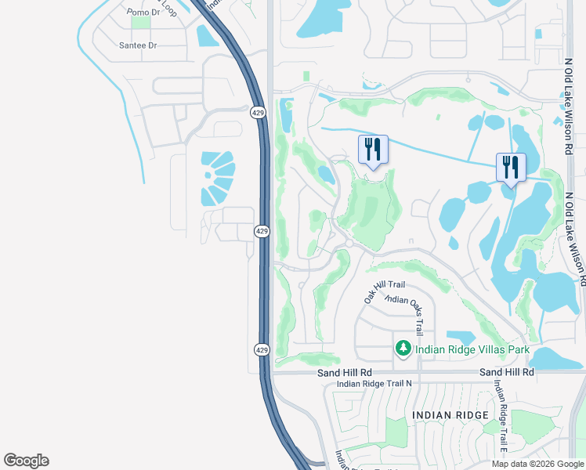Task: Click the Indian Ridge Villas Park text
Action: click(472, 349)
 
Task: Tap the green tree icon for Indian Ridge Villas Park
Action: click(403, 347)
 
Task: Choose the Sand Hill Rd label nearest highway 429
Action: click(344, 373)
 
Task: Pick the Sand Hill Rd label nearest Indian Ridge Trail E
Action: click(506, 373)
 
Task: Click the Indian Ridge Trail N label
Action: click(374, 384)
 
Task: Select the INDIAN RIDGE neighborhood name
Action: click(450, 414)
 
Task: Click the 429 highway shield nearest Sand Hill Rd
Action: click(262, 349)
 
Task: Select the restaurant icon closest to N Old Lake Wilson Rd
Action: click(511, 168)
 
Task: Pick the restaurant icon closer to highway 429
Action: click(373, 150)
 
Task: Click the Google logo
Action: click(26, 461)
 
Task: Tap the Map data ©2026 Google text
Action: click(538, 464)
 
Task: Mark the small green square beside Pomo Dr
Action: click(141, 23)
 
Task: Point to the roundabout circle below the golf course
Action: click(349, 244)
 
